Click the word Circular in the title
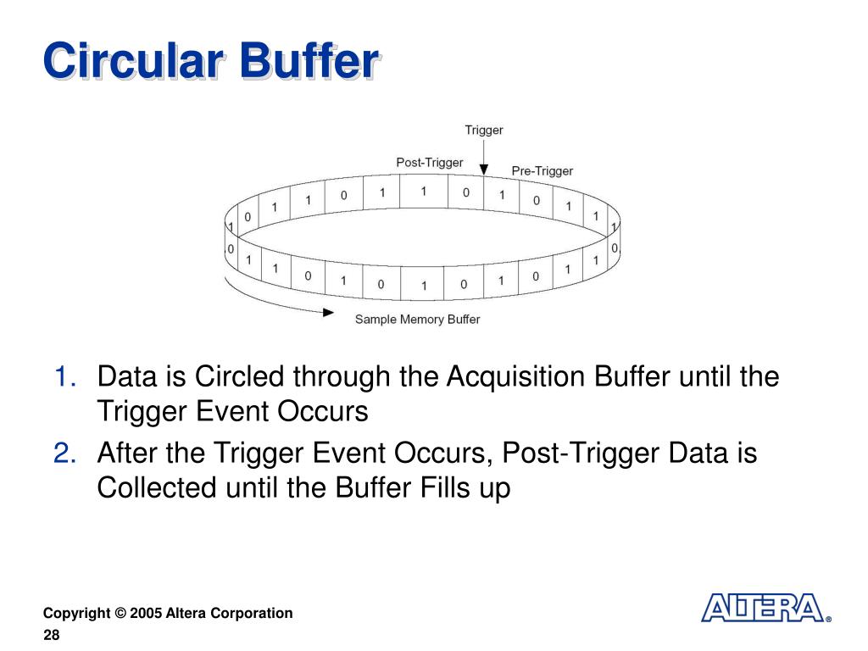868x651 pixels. [135, 62]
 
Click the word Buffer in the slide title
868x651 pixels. [308, 62]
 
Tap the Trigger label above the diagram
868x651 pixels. [483, 130]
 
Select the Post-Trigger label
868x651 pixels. [430, 162]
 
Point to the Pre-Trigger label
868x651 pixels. [542, 171]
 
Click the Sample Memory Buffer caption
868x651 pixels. [417, 320]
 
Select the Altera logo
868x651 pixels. [763, 609]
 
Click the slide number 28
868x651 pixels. [52, 636]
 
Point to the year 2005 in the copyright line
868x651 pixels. [147, 613]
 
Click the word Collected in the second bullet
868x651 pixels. [158, 490]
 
